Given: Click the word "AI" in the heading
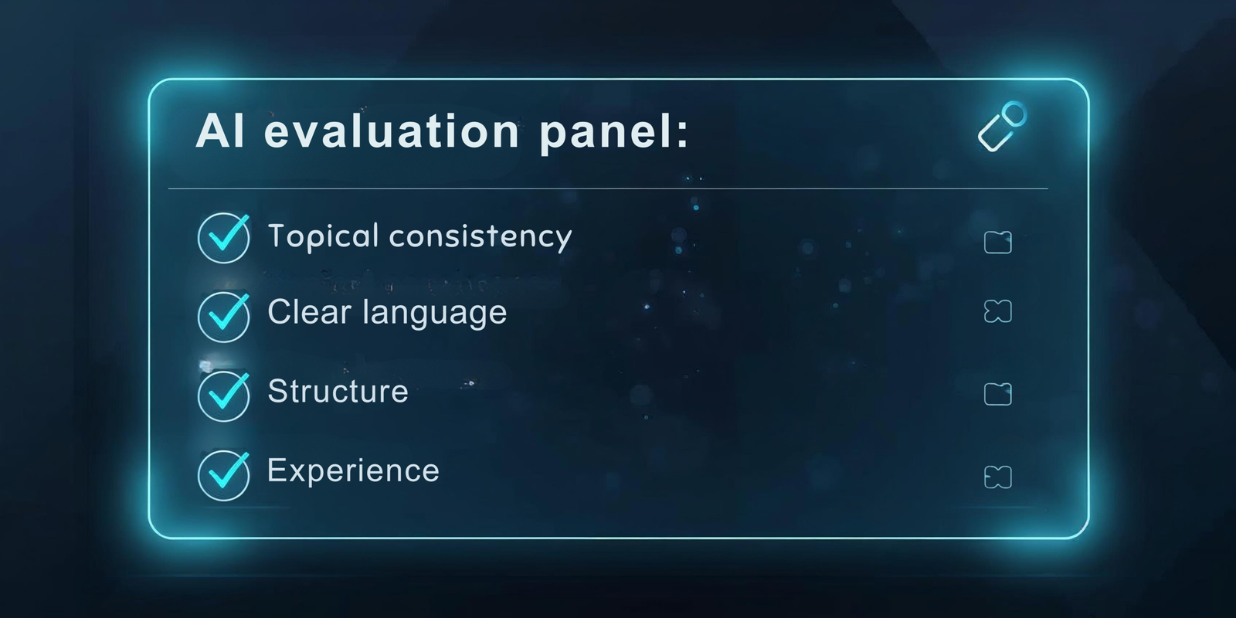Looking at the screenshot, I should coord(221,131).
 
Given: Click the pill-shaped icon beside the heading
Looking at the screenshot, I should coord(1002,127).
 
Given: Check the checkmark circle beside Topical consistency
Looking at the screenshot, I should coord(223,238).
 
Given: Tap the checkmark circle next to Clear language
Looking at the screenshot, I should coord(223,317).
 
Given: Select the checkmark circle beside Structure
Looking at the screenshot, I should coord(223,396).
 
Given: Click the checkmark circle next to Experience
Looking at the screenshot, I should coord(223,475).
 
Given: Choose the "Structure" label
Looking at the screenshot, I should coord(338,392).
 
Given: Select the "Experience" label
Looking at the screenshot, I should coord(353,470).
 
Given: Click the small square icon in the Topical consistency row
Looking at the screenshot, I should coord(997,243).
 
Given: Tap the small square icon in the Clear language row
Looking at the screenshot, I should coord(997,311).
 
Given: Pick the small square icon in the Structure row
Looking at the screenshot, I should coord(997,394).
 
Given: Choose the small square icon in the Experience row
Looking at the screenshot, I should coord(997,477).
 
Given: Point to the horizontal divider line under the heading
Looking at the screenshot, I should coord(608,188).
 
